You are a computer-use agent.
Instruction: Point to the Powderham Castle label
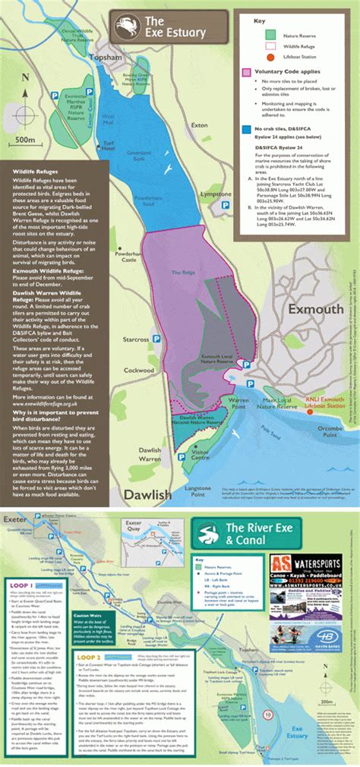125,256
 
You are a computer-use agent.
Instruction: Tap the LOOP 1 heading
23,586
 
